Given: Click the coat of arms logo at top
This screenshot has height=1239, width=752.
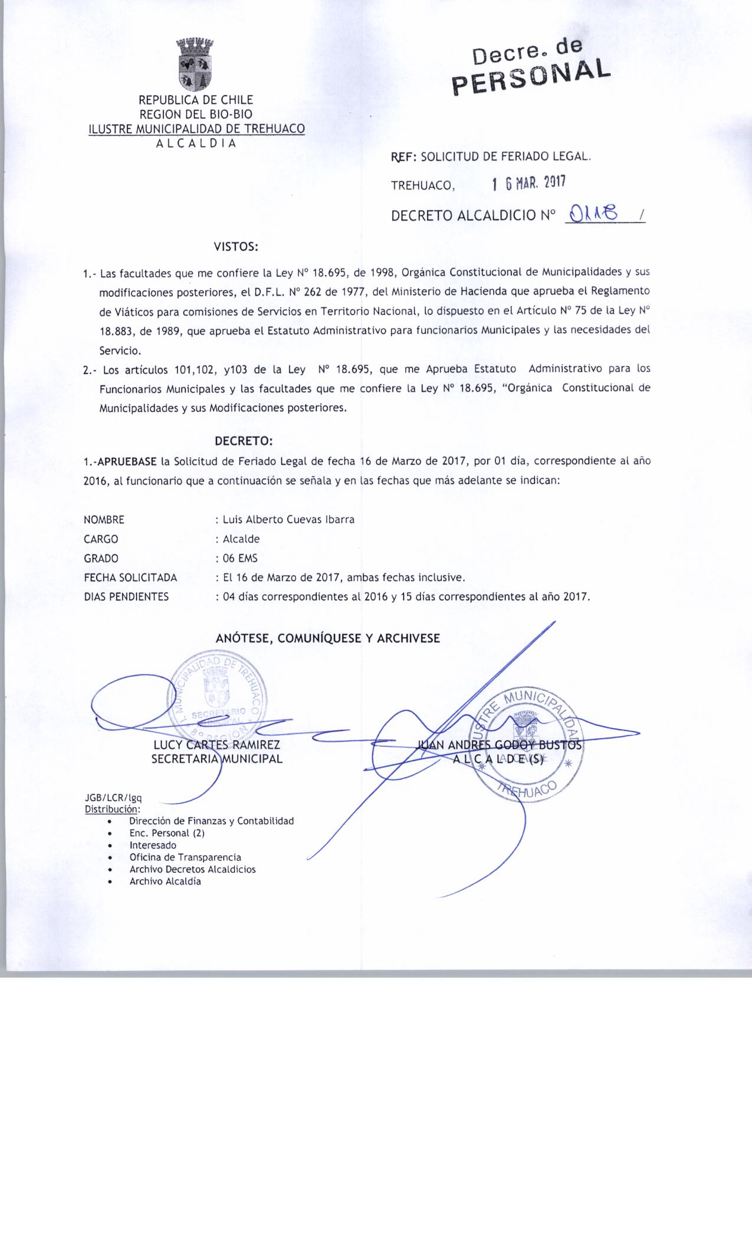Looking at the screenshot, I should click(x=195, y=63).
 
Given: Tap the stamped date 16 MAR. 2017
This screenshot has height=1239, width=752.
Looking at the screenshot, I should click(x=528, y=183).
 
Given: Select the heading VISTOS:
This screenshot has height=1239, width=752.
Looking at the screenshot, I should click(x=236, y=247).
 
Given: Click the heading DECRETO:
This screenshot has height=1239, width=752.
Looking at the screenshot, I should click(x=244, y=441).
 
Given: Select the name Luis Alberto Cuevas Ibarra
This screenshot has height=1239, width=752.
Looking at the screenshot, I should click(x=288, y=520).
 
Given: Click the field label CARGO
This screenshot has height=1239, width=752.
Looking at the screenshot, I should click(x=101, y=539).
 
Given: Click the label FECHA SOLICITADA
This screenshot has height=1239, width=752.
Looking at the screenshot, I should click(x=130, y=578).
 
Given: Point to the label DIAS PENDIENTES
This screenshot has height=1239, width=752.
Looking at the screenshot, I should click(x=126, y=596).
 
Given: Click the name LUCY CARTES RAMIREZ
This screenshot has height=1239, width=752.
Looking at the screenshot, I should click(x=216, y=745).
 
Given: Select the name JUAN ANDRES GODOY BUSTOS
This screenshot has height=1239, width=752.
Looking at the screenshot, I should click(x=499, y=745).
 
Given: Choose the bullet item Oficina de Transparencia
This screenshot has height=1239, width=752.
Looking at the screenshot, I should click(x=185, y=857).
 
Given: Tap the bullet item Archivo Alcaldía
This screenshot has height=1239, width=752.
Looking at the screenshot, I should click(x=165, y=881).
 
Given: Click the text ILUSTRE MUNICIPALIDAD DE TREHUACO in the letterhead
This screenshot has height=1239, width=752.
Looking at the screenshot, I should click(x=196, y=129).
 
